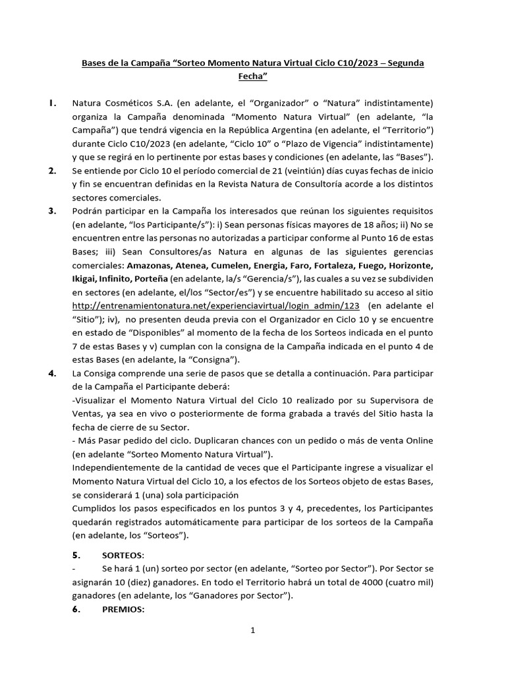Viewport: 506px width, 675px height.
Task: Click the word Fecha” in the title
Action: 252,76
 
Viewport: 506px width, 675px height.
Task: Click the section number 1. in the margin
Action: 52,103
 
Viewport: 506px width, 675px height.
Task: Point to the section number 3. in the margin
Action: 52,210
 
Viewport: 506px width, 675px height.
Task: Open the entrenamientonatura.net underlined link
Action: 215,305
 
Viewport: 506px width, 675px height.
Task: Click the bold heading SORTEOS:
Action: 123,555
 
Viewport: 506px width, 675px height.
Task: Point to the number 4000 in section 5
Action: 356,582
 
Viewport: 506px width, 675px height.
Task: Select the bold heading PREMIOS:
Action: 123,610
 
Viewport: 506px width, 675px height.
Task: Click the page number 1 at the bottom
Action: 252,630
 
